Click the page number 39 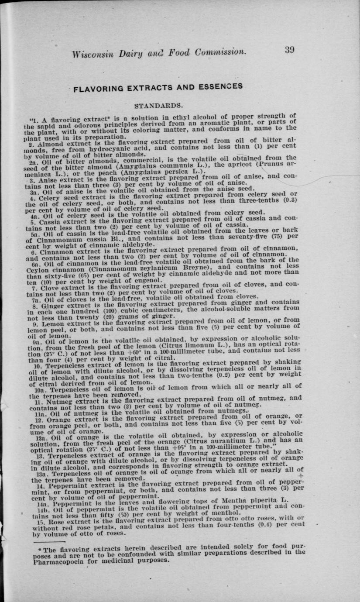coord(289,50)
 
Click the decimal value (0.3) coord(286,201)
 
